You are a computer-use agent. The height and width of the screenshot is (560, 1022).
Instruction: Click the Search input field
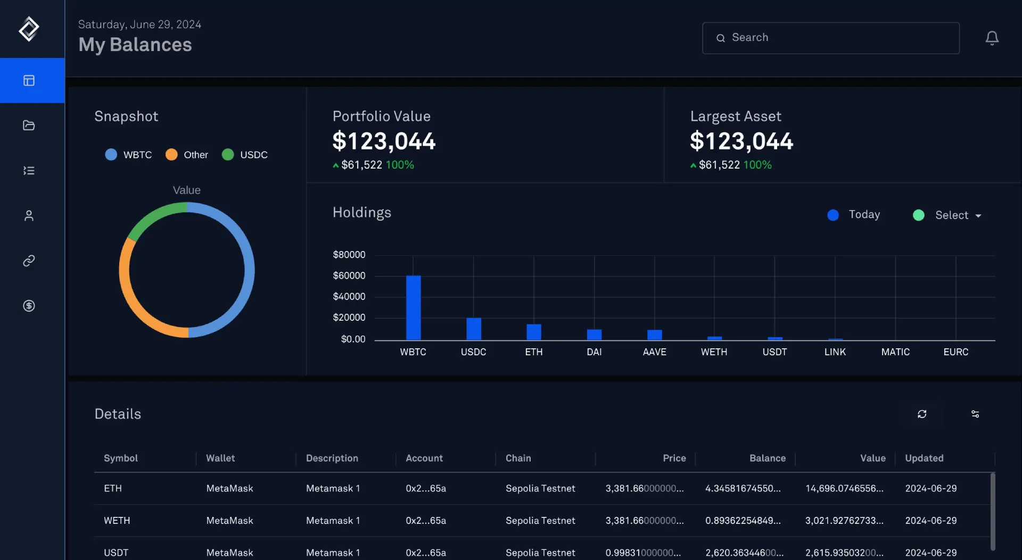point(830,38)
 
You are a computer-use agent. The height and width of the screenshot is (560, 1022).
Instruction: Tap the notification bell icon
point(992,38)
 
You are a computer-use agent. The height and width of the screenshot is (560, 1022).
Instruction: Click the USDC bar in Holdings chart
point(473,329)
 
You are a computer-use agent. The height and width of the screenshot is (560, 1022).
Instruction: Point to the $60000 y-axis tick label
point(349,275)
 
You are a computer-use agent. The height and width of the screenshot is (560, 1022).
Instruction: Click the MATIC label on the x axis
point(895,352)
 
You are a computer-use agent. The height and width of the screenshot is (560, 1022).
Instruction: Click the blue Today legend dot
point(833,215)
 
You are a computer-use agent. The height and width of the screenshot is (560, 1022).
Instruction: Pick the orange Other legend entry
point(187,155)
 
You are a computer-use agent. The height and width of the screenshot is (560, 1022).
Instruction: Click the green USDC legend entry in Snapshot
point(245,155)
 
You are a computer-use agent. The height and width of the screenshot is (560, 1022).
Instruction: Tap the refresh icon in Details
point(922,414)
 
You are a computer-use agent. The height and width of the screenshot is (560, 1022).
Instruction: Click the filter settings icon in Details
point(975,414)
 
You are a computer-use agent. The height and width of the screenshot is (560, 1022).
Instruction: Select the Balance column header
point(767,458)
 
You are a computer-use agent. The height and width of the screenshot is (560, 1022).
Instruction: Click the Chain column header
point(518,458)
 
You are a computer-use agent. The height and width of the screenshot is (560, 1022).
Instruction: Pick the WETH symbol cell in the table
point(117,521)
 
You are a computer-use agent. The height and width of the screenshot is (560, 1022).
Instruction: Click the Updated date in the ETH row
point(930,488)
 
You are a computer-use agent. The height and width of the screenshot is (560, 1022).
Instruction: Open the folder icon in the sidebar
point(29,126)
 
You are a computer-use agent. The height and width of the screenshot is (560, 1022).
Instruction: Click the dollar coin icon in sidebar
point(29,306)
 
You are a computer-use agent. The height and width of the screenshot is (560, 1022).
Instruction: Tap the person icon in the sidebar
point(29,215)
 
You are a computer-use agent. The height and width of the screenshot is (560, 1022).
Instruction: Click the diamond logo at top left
point(29,29)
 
